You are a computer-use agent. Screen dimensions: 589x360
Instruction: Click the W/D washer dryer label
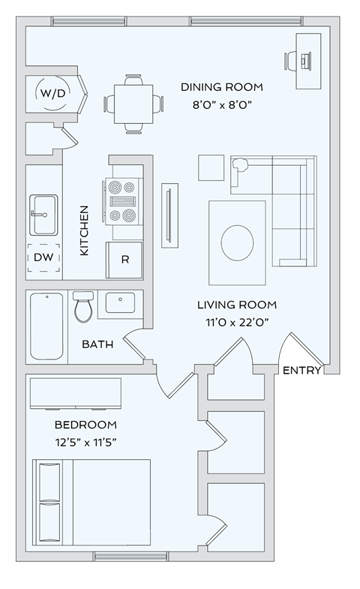(52, 95)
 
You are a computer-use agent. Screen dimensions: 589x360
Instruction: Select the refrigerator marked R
(125, 260)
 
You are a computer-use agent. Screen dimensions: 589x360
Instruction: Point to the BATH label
(97, 344)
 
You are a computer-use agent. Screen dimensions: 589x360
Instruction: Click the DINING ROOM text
(221, 87)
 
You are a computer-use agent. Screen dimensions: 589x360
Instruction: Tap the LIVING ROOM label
(237, 305)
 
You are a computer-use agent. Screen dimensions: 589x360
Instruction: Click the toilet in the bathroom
(83, 306)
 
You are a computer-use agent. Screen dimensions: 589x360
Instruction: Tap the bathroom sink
(120, 303)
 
